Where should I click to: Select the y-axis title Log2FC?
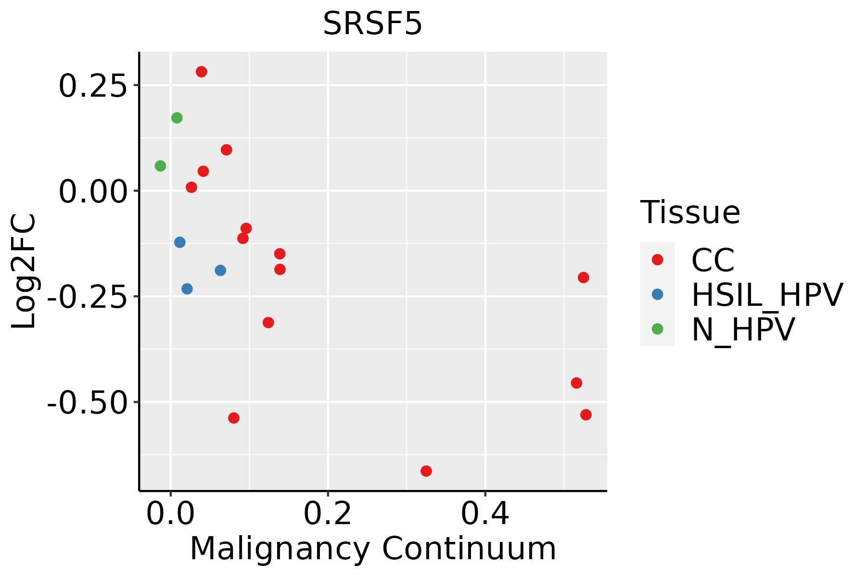pyautogui.click(x=24, y=271)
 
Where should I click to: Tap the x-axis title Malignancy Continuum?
pyautogui.click(x=373, y=549)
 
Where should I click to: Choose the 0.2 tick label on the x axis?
pyautogui.click(x=327, y=514)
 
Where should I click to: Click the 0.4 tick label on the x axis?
pyautogui.click(x=485, y=514)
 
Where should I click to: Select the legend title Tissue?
pyautogui.click(x=690, y=212)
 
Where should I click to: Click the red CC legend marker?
pyautogui.click(x=657, y=260)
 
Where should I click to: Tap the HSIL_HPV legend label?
pyautogui.click(x=767, y=295)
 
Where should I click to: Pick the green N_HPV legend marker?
pyautogui.click(x=657, y=329)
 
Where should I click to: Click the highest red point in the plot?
pyautogui.click(x=202, y=72)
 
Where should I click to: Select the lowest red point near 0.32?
pyautogui.click(x=426, y=471)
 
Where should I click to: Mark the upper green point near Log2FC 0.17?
pyautogui.click(x=177, y=118)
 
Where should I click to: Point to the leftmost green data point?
pyautogui.click(x=161, y=166)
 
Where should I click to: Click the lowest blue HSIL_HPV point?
pyautogui.click(x=187, y=289)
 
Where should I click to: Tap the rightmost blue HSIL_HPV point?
pyautogui.click(x=220, y=270)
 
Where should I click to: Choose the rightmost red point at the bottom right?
pyautogui.click(x=586, y=414)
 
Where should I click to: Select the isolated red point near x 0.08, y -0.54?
pyautogui.click(x=234, y=418)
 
